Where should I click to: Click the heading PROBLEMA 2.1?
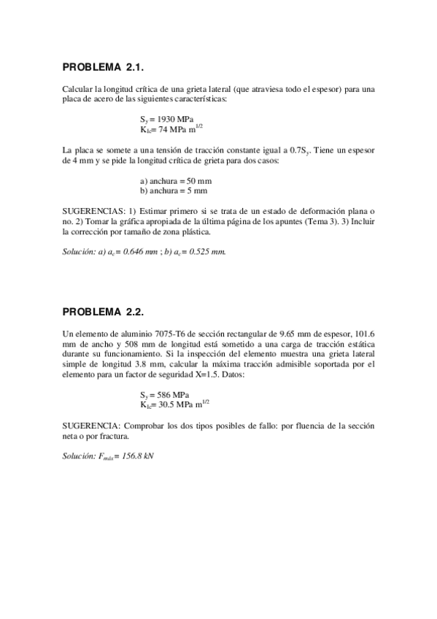(106, 68)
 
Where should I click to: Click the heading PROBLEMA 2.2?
(106, 313)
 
